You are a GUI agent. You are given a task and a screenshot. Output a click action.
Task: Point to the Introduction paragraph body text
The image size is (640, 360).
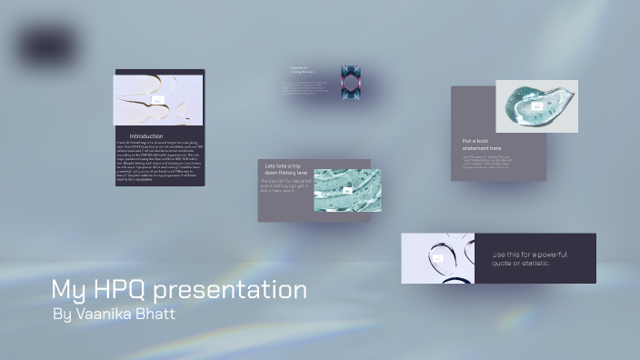click(158, 161)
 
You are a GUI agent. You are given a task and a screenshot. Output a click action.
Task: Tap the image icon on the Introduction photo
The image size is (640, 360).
click(158, 100)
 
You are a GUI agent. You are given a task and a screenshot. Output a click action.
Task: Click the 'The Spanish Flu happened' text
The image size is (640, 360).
click(286, 182)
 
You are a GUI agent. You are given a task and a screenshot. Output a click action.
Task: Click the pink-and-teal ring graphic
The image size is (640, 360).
click(351, 82)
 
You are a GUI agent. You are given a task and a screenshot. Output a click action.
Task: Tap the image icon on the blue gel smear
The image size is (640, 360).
click(536, 106)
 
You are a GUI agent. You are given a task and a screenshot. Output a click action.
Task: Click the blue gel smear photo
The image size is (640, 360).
click(523, 114)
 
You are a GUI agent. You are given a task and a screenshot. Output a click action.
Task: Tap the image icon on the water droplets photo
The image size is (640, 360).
click(437, 259)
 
